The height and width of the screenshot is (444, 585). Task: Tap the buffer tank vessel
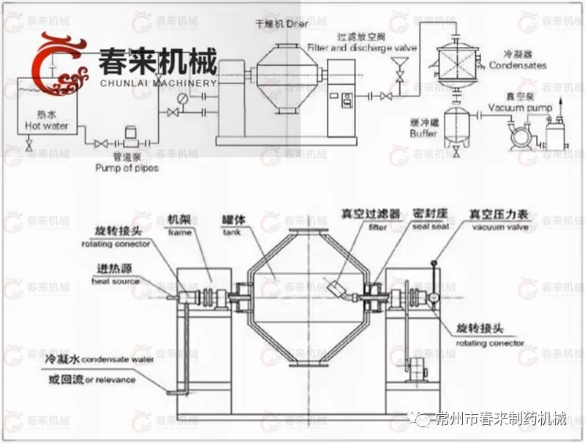457,118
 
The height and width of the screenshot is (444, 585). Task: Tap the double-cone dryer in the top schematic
284,77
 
